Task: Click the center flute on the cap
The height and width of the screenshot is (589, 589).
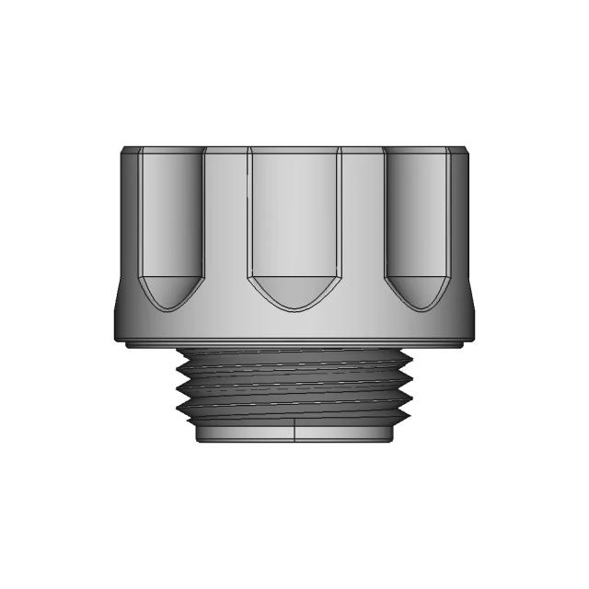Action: pyautogui.click(x=294, y=221)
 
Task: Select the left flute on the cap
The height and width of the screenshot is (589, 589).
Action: pyautogui.click(x=169, y=216)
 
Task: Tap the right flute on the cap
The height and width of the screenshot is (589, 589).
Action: pyautogui.click(x=418, y=216)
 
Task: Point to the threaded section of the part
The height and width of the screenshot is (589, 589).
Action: pyautogui.click(x=294, y=387)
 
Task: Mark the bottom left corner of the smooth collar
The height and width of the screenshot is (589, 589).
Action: pyautogui.click(x=197, y=441)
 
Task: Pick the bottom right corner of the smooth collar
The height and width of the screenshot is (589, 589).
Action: pyautogui.click(x=392, y=441)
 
